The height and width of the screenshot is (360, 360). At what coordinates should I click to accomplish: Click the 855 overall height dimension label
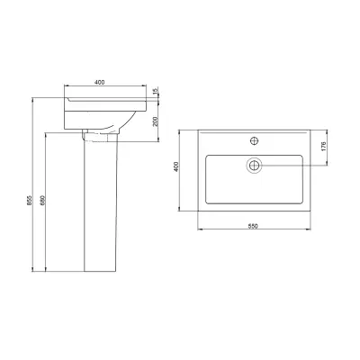point(30,201)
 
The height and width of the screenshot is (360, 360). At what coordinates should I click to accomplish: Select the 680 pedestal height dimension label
point(42,201)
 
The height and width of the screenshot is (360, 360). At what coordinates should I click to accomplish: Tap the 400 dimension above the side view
point(99,82)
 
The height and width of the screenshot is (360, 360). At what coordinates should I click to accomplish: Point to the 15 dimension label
point(155,92)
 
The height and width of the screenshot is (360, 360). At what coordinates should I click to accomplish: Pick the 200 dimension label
point(155,121)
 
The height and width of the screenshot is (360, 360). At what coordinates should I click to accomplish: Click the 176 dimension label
point(323,147)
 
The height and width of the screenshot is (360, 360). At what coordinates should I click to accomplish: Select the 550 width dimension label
point(253,226)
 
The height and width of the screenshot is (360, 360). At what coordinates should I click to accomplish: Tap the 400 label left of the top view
point(176,166)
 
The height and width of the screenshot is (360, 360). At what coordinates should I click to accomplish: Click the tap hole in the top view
point(255,140)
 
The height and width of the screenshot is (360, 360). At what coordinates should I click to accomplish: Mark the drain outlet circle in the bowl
point(255,165)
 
